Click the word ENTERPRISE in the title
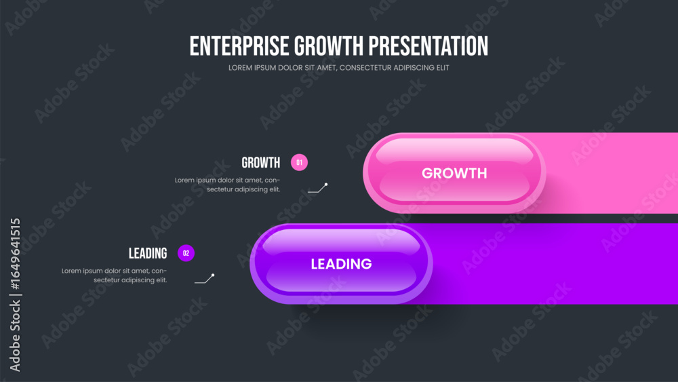(x=239, y=46)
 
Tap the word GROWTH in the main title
(x=329, y=46)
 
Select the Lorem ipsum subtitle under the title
(x=338, y=67)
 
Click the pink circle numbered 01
(x=299, y=163)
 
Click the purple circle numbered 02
(x=186, y=253)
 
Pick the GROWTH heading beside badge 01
(x=261, y=163)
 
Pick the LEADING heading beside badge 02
(x=147, y=253)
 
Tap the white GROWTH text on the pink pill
(x=454, y=173)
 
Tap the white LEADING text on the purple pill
(x=341, y=264)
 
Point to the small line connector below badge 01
(x=318, y=188)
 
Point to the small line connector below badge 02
(x=205, y=279)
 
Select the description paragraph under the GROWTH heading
(x=227, y=185)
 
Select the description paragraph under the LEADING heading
(x=114, y=275)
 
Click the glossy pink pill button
(x=454, y=173)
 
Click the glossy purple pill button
(x=341, y=264)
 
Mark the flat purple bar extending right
(x=556, y=264)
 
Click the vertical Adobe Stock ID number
(x=15, y=254)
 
